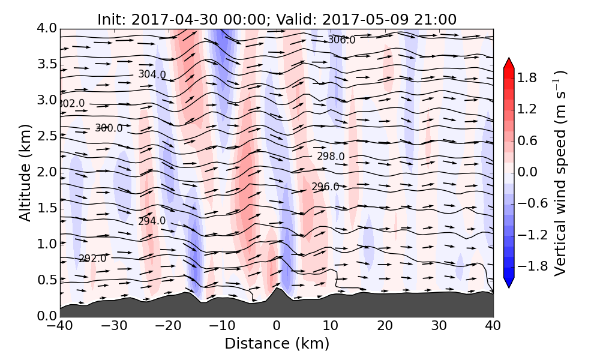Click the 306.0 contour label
click(x=341, y=40)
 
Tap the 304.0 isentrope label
click(x=152, y=74)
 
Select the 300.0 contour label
click(x=109, y=128)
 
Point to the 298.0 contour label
click(x=331, y=157)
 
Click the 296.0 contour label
click(x=325, y=187)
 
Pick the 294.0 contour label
click(x=152, y=221)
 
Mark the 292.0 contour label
click(x=92, y=259)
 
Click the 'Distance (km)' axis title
click(x=277, y=344)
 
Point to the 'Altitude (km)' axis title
click(x=25, y=172)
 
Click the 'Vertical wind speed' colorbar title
click(x=560, y=173)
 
